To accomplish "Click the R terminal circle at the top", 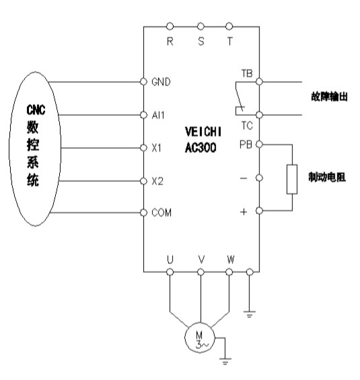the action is point(170,26).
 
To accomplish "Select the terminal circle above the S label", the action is point(201,26).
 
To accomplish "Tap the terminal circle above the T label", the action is point(229,26).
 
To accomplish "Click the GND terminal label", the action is point(161,82).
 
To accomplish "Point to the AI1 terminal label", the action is point(158,115).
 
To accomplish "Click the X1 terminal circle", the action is point(143,148).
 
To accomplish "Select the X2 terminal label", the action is point(157,181).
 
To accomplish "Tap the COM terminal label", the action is point(161,213).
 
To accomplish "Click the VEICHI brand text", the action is point(203,132).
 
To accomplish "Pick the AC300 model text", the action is point(201,148).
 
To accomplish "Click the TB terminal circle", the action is point(259,82).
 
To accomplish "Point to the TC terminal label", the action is point(247,126).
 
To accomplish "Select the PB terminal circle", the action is point(259,144).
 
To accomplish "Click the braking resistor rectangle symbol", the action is point(292,179).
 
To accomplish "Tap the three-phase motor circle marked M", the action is point(200,338).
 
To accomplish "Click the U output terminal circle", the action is point(170,272).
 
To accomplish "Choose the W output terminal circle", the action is point(229,272).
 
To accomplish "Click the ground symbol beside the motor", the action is point(225,361).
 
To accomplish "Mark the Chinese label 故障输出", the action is point(329,97).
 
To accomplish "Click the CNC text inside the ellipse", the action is point(36,110).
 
